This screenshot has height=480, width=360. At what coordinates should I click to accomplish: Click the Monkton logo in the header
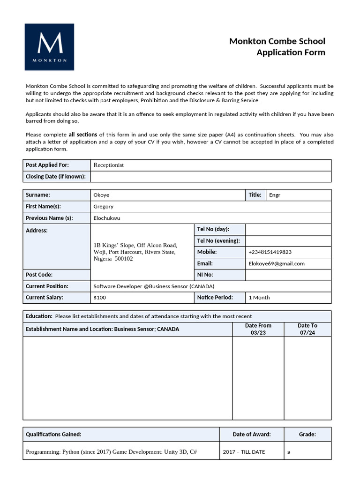49,47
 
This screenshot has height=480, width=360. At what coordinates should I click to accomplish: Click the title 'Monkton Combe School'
277,41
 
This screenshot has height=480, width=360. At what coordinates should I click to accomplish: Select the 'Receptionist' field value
109,165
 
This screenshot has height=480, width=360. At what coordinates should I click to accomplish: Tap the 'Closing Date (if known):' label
55,176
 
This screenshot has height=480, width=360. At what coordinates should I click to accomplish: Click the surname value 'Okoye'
101,195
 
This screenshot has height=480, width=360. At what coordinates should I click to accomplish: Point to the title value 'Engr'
275,195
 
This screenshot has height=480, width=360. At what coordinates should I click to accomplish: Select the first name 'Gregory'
104,206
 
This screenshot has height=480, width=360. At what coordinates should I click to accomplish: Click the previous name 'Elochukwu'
106,218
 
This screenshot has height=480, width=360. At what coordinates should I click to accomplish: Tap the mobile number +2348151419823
270,252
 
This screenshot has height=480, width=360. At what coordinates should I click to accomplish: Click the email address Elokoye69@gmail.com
277,263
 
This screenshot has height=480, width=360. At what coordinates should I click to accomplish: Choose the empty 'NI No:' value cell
288,275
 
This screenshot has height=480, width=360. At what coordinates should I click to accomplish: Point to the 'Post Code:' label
39,275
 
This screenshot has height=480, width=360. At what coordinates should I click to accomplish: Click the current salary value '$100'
100,298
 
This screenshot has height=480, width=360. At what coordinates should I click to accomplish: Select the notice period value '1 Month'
259,298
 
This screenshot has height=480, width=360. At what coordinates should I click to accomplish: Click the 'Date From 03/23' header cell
258,329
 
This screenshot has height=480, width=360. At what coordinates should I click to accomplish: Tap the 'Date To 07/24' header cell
307,329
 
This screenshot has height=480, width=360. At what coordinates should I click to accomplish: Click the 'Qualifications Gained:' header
53,435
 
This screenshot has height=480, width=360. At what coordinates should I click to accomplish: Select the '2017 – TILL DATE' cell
244,452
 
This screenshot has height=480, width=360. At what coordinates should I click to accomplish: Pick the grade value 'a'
289,452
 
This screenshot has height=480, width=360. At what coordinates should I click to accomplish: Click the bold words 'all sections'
83,135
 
